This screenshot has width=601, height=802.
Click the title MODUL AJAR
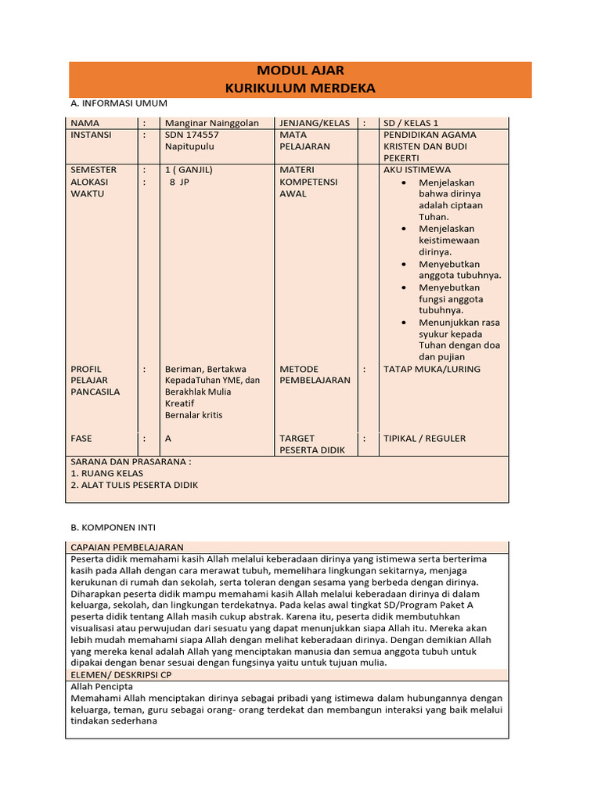tap(300, 71)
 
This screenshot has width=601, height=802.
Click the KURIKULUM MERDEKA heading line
tap(300, 89)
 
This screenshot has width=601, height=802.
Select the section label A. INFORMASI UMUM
tap(119, 103)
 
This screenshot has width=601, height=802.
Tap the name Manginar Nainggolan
tap(211, 123)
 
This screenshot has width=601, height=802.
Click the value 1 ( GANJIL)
tap(189, 170)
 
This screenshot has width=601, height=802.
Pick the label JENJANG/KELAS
tap(315, 123)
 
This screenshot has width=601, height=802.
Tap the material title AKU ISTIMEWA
tap(417, 170)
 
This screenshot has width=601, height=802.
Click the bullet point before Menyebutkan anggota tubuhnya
tap(403, 264)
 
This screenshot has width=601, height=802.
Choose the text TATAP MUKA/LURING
tap(432, 369)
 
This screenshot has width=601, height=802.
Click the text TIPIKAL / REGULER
tap(424, 439)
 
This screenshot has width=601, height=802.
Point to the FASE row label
tap(82, 439)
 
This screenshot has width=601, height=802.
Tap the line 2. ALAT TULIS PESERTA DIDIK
tap(135, 485)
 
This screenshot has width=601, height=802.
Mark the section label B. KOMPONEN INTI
tap(113, 528)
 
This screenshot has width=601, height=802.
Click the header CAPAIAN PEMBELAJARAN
tap(127, 547)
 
